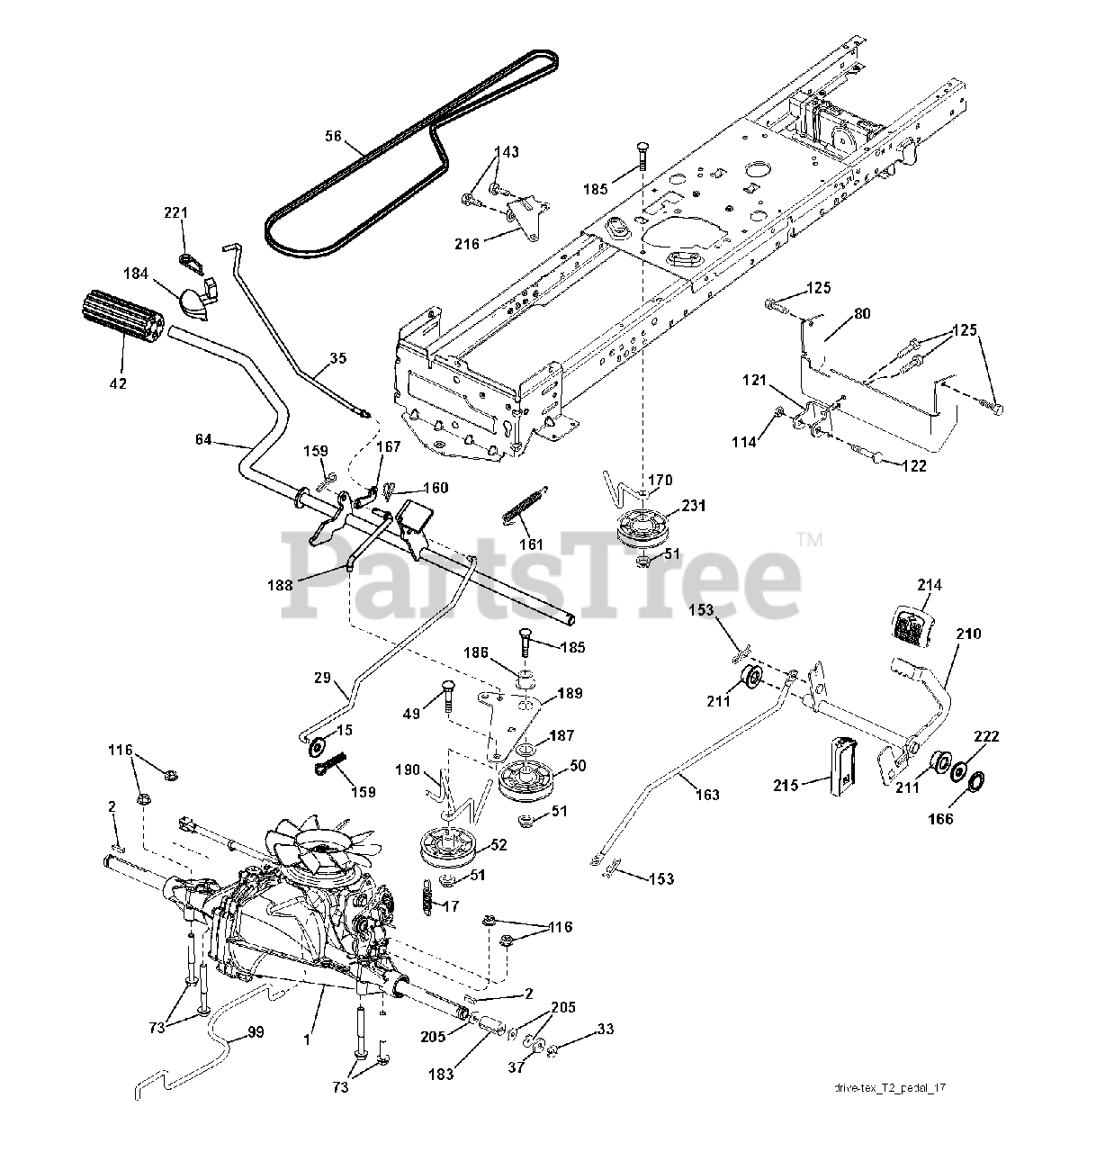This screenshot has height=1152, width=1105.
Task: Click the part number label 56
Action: [x=333, y=137]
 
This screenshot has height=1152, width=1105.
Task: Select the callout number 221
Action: [x=176, y=213]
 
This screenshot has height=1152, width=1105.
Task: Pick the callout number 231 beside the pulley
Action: [x=695, y=507]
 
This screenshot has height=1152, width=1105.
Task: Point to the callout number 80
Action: [x=861, y=314]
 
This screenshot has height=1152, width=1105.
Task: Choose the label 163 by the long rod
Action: [x=707, y=796]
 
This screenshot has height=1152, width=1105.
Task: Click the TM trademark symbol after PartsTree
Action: [x=809, y=540]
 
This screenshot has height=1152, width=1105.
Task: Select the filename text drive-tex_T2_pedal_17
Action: [x=889, y=1088]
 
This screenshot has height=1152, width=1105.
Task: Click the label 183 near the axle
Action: [x=441, y=1074]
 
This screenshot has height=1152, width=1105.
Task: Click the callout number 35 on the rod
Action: [x=337, y=358]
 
